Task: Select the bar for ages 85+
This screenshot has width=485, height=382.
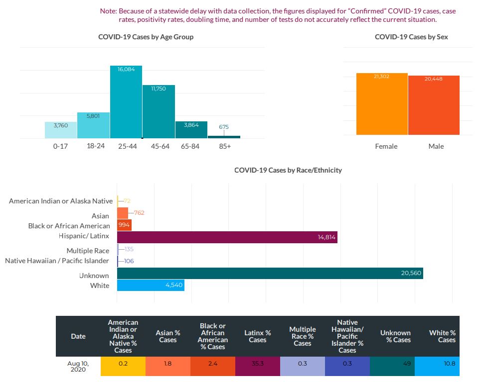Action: [x=224, y=137]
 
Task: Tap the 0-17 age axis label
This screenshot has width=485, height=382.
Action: [x=60, y=146]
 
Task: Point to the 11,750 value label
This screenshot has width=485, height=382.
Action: [x=158, y=88]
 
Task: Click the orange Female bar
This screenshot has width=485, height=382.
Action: [x=382, y=104]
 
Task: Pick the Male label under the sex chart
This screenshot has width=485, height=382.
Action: [x=436, y=146]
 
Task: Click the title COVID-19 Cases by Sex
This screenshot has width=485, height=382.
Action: [x=411, y=37]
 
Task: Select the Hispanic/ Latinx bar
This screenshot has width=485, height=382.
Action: [x=227, y=237]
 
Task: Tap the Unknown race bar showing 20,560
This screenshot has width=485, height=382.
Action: [x=270, y=273]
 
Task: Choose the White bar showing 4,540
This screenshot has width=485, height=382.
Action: [x=151, y=286]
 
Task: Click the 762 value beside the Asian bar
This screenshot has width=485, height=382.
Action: [x=139, y=213]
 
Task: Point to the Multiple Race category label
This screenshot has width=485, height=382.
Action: [x=88, y=251]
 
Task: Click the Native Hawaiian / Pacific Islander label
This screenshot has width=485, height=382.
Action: [x=57, y=261]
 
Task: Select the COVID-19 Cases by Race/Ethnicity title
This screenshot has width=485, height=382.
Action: [x=288, y=170]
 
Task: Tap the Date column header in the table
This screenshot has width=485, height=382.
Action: [x=78, y=336]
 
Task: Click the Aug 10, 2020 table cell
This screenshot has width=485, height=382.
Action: [x=78, y=366]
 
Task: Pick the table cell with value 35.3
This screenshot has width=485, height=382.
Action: [x=257, y=364]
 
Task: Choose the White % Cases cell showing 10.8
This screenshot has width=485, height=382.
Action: [x=437, y=364]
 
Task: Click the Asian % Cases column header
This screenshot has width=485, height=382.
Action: [x=167, y=336]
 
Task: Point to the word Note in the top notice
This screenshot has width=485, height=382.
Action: [x=108, y=10]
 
